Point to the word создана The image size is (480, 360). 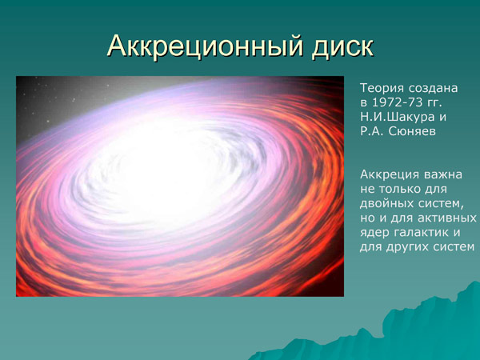(x=435, y=87)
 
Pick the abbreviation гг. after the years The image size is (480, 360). (x=448, y=102)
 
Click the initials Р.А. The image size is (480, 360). (x=374, y=131)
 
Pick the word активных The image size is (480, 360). (x=449, y=218)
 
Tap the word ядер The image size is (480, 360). (x=374, y=232)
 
